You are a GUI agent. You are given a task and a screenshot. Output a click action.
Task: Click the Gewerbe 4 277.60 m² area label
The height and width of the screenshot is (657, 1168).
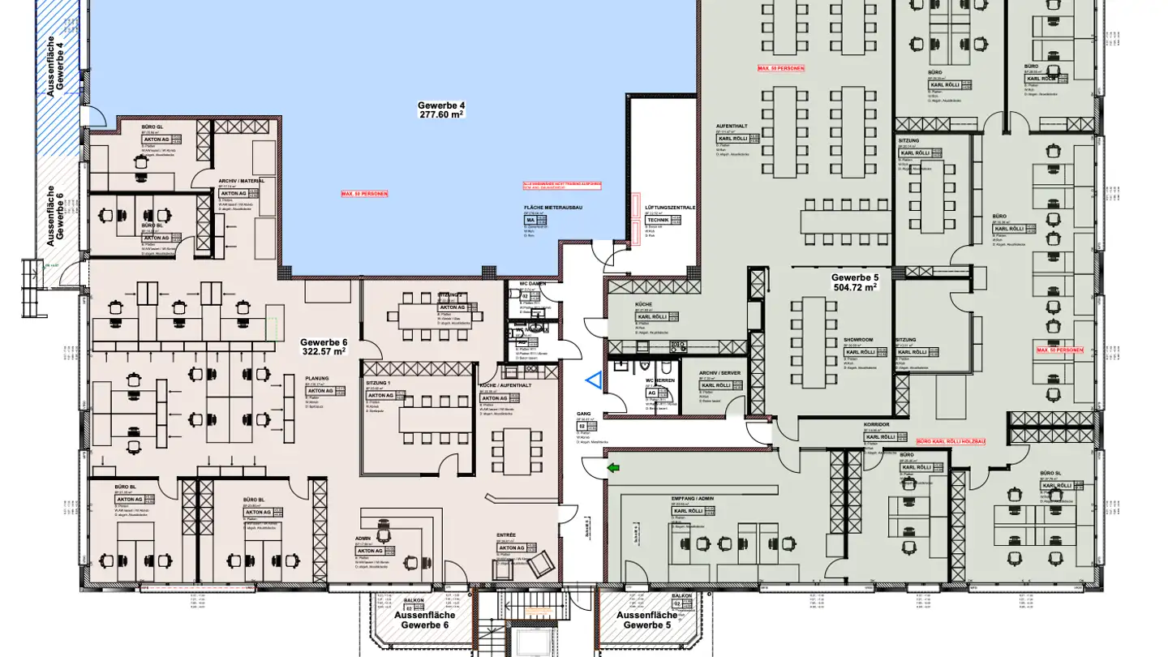tap(441, 110)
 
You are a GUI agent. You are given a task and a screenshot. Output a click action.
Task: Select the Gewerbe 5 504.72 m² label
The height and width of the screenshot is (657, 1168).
tap(854, 282)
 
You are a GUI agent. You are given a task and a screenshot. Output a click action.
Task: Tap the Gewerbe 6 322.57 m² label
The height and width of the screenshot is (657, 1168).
tap(323, 347)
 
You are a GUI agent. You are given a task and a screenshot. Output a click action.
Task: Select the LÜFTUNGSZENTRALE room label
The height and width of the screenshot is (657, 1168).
tap(670, 208)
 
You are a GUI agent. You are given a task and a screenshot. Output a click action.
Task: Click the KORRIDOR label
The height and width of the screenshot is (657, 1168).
tap(877, 424)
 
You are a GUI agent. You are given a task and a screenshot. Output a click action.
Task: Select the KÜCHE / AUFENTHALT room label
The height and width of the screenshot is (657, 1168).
tap(505, 385)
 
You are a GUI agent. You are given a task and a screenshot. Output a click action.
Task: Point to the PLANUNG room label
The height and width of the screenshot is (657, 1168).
tap(316, 379)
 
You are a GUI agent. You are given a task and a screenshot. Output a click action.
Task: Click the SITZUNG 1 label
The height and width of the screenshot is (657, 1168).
tap(379, 384)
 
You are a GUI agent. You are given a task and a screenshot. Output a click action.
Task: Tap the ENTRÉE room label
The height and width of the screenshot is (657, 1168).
tap(506, 535)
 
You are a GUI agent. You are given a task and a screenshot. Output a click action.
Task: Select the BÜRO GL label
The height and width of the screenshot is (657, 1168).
tap(152, 127)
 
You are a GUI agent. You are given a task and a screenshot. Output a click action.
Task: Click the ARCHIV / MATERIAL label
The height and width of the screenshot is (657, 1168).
tap(241, 182)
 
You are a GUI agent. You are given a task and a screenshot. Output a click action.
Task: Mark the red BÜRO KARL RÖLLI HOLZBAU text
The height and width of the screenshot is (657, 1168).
tap(951, 441)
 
